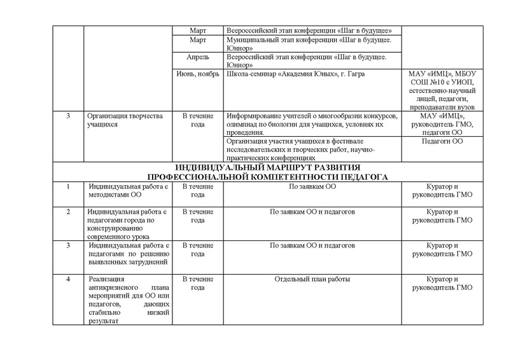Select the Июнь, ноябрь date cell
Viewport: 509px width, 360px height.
click(x=198, y=75)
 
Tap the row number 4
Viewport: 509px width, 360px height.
click(x=68, y=279)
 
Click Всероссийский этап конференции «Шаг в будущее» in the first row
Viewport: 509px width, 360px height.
click(x=309, y=31)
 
